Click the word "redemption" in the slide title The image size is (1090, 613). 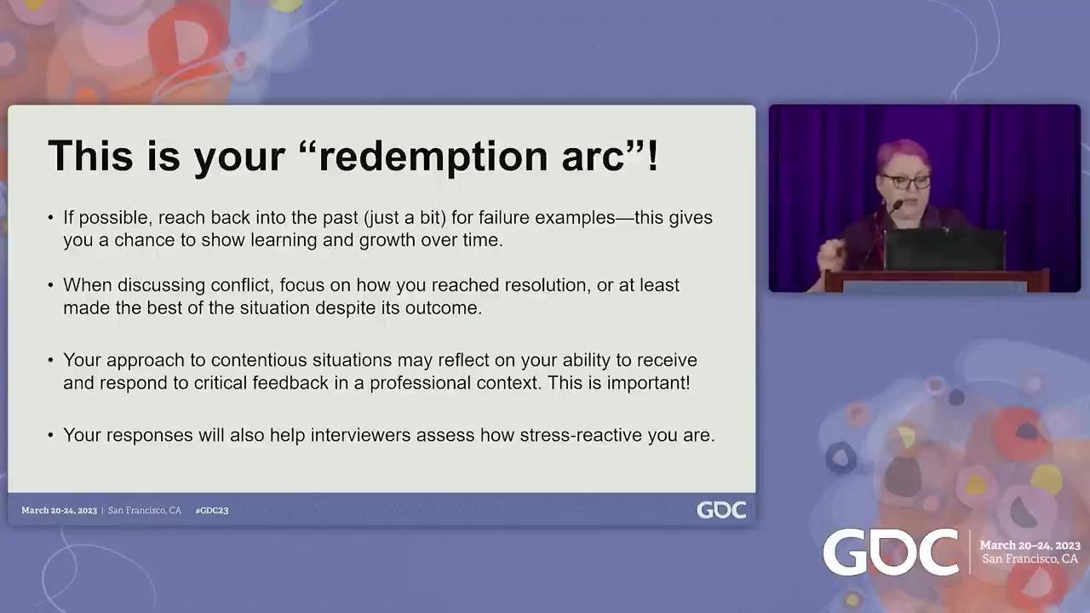(x=433, y=157)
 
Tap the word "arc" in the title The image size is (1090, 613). (x=593, y=157)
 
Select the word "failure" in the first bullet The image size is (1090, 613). (x=503, y=217)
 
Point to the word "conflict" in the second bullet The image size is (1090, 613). (x=240, y=285)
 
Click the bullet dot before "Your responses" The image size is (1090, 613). (x=50, y=435)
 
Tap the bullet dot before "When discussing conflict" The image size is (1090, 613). (x=50, y=285)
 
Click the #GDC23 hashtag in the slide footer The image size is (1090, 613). (x=212, y=510)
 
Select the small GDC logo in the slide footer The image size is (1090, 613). (x=721, y=510)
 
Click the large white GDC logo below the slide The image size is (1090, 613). (x=891, y=553)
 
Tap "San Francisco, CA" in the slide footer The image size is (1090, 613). (x=145, y=510)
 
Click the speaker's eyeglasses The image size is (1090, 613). (x=906, y=181)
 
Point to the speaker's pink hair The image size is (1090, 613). (x=904, y=154)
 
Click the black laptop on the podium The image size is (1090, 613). (x=944, y=250)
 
